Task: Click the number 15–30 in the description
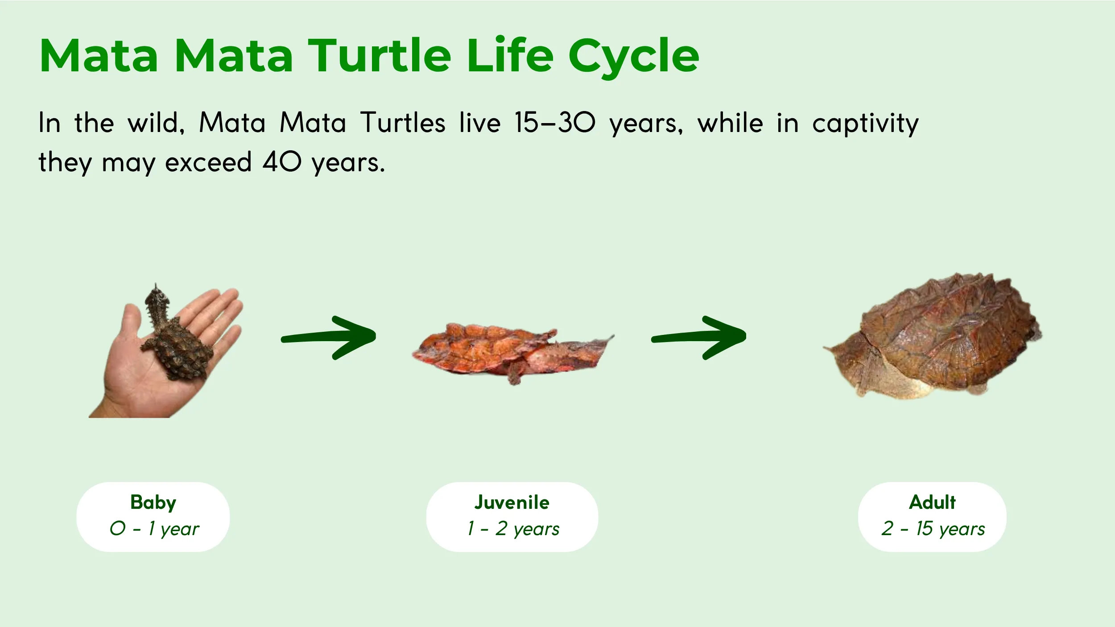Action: click(x=554, y=123)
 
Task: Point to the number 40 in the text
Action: click(x=282, y=162)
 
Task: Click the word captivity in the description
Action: click(x=865, y=124)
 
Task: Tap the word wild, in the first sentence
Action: click(x=156, y=123)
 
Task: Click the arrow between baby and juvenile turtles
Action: click(x=329, y=338)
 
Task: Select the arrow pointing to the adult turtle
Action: click(x=699, y=338)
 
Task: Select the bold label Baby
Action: click(x=153, y=503)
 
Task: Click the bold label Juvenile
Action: click(x=512, y=503)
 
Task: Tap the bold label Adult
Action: click(x=932, y=503)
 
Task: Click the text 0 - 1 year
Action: click(x=154, y=529)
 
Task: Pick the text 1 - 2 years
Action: click(x=513, y=529)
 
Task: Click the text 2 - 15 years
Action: click(x=933, y=529)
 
